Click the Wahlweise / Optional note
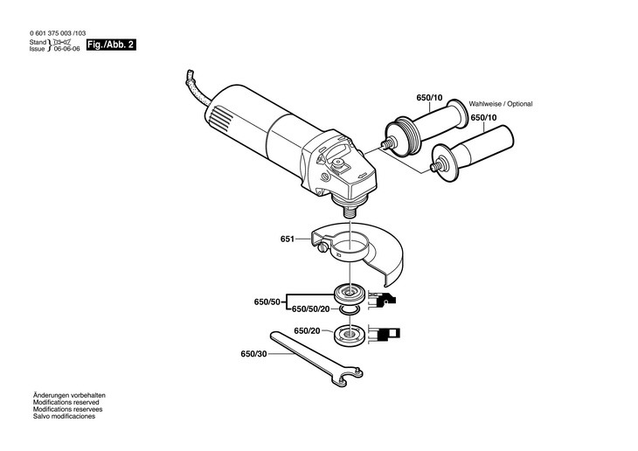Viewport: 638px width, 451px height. click(501, 103)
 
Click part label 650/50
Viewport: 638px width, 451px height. click(267, 301)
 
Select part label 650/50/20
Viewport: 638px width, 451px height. click(310, 309)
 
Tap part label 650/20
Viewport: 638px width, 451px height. click(307, 330)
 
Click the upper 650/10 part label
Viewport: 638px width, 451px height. click(429, 99)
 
